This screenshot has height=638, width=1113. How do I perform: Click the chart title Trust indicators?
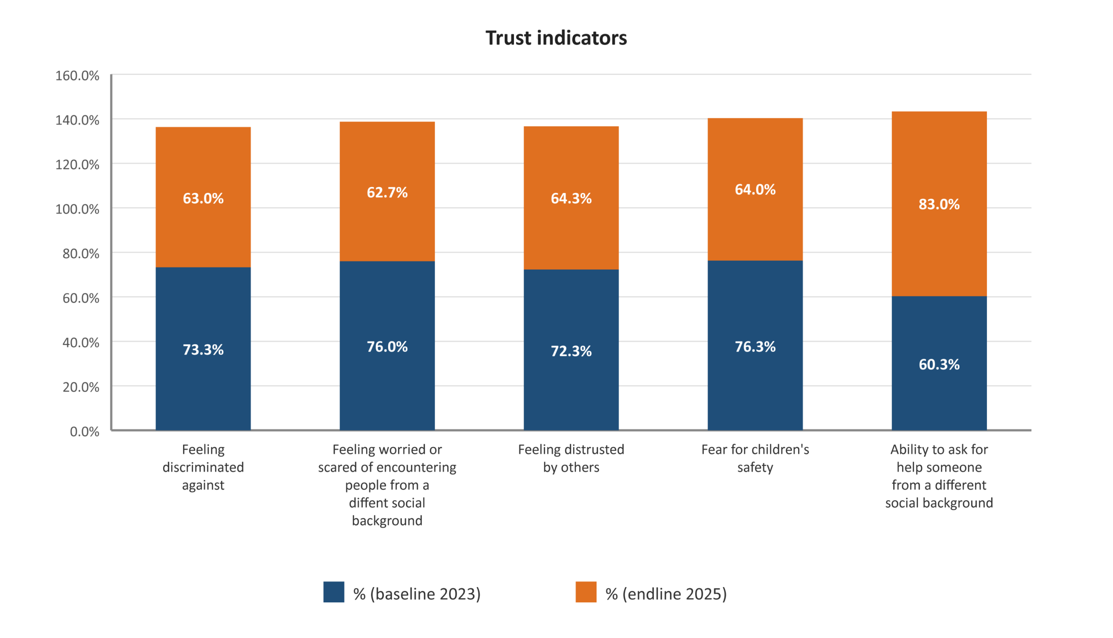click(x=556, y=38)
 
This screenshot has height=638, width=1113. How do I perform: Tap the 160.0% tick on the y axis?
click(x=77, y=76)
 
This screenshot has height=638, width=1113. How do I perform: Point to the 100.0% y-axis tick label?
click(x=77, y=209)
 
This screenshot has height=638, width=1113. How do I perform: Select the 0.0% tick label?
click(x=84, y=432)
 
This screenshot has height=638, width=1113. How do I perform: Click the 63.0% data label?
click(x=203, y=199)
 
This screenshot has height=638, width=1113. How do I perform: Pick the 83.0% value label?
click(x=939, y=204)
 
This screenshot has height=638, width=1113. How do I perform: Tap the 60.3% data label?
click(x=939, y=365)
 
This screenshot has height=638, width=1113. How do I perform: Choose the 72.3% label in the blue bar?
click(x=571, y=352)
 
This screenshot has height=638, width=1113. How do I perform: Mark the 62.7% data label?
click(x=387, y=193)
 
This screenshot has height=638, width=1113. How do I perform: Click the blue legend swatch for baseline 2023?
click(x=333, y=592)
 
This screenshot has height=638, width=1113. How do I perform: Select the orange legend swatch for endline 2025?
click(x=586, y=592)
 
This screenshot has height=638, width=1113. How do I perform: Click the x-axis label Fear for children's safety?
click(x=755, y=459)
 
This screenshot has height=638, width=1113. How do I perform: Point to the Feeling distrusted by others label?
click(x=571, y=459)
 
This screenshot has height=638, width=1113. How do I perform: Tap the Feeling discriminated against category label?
click(x=203, y=467)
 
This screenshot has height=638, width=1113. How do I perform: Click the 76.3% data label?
click(x=755, y=347)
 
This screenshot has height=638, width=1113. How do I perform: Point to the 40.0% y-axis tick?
click(x=81, y=342)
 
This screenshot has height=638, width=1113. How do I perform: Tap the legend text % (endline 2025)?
click(x=666, y=594)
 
